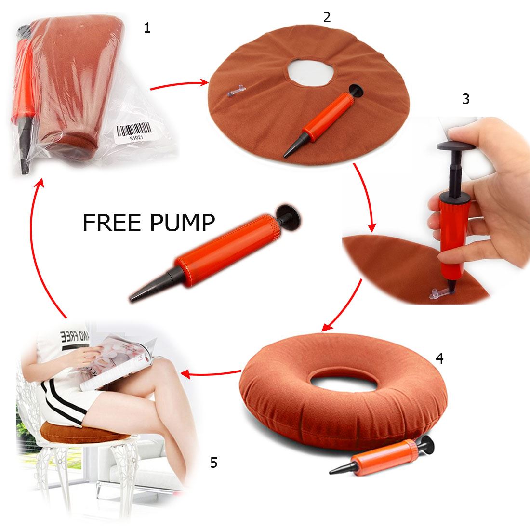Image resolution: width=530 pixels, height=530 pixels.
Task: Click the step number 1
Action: (147, 28)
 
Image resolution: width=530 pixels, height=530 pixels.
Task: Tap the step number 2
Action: (327, 17)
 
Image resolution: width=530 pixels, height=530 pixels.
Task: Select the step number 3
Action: (465, 99)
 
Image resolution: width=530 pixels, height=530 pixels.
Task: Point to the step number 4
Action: (439, 358)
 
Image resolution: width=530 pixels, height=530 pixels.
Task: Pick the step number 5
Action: (214, 463)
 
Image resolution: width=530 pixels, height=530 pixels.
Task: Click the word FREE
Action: (110, 223)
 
